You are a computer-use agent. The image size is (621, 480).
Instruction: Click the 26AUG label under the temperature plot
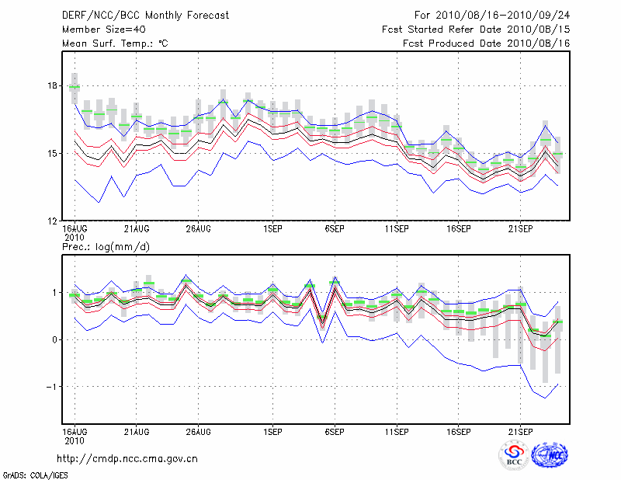199,229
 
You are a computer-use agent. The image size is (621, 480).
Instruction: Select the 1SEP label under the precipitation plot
272,430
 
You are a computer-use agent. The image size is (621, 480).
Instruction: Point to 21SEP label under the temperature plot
520,229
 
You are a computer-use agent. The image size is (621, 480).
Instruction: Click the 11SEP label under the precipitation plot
396,430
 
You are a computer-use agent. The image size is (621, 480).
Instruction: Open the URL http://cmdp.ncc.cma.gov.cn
127,458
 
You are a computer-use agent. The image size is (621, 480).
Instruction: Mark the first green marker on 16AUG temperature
75,88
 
